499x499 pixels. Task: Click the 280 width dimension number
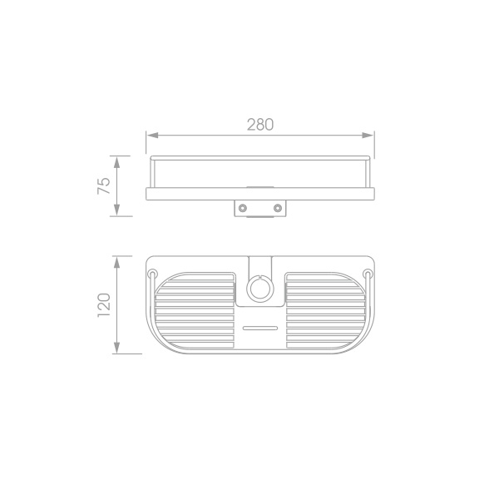pyautogui.click(x=260, y=125)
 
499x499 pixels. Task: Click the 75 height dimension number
pyautogui.click(x=104, y=185)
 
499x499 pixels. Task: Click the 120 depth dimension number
pyautogui.click(x=104, y=305)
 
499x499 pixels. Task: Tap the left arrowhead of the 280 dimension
pyautogui.click(x=152, y=136)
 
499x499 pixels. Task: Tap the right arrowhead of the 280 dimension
pyautogui.click(x=368, y=136)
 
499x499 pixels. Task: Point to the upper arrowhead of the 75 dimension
pyautogui.click(x=116, y=162)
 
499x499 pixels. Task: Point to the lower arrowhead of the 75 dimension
pyautogui.click(x=116, y=210)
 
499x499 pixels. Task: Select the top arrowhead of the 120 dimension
pyautogui.click(x=116, y=262)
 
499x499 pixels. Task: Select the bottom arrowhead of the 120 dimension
pyautogui.click(x=116, y=348)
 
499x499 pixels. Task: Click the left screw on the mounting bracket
pyautogui.click(x=243, y=208)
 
